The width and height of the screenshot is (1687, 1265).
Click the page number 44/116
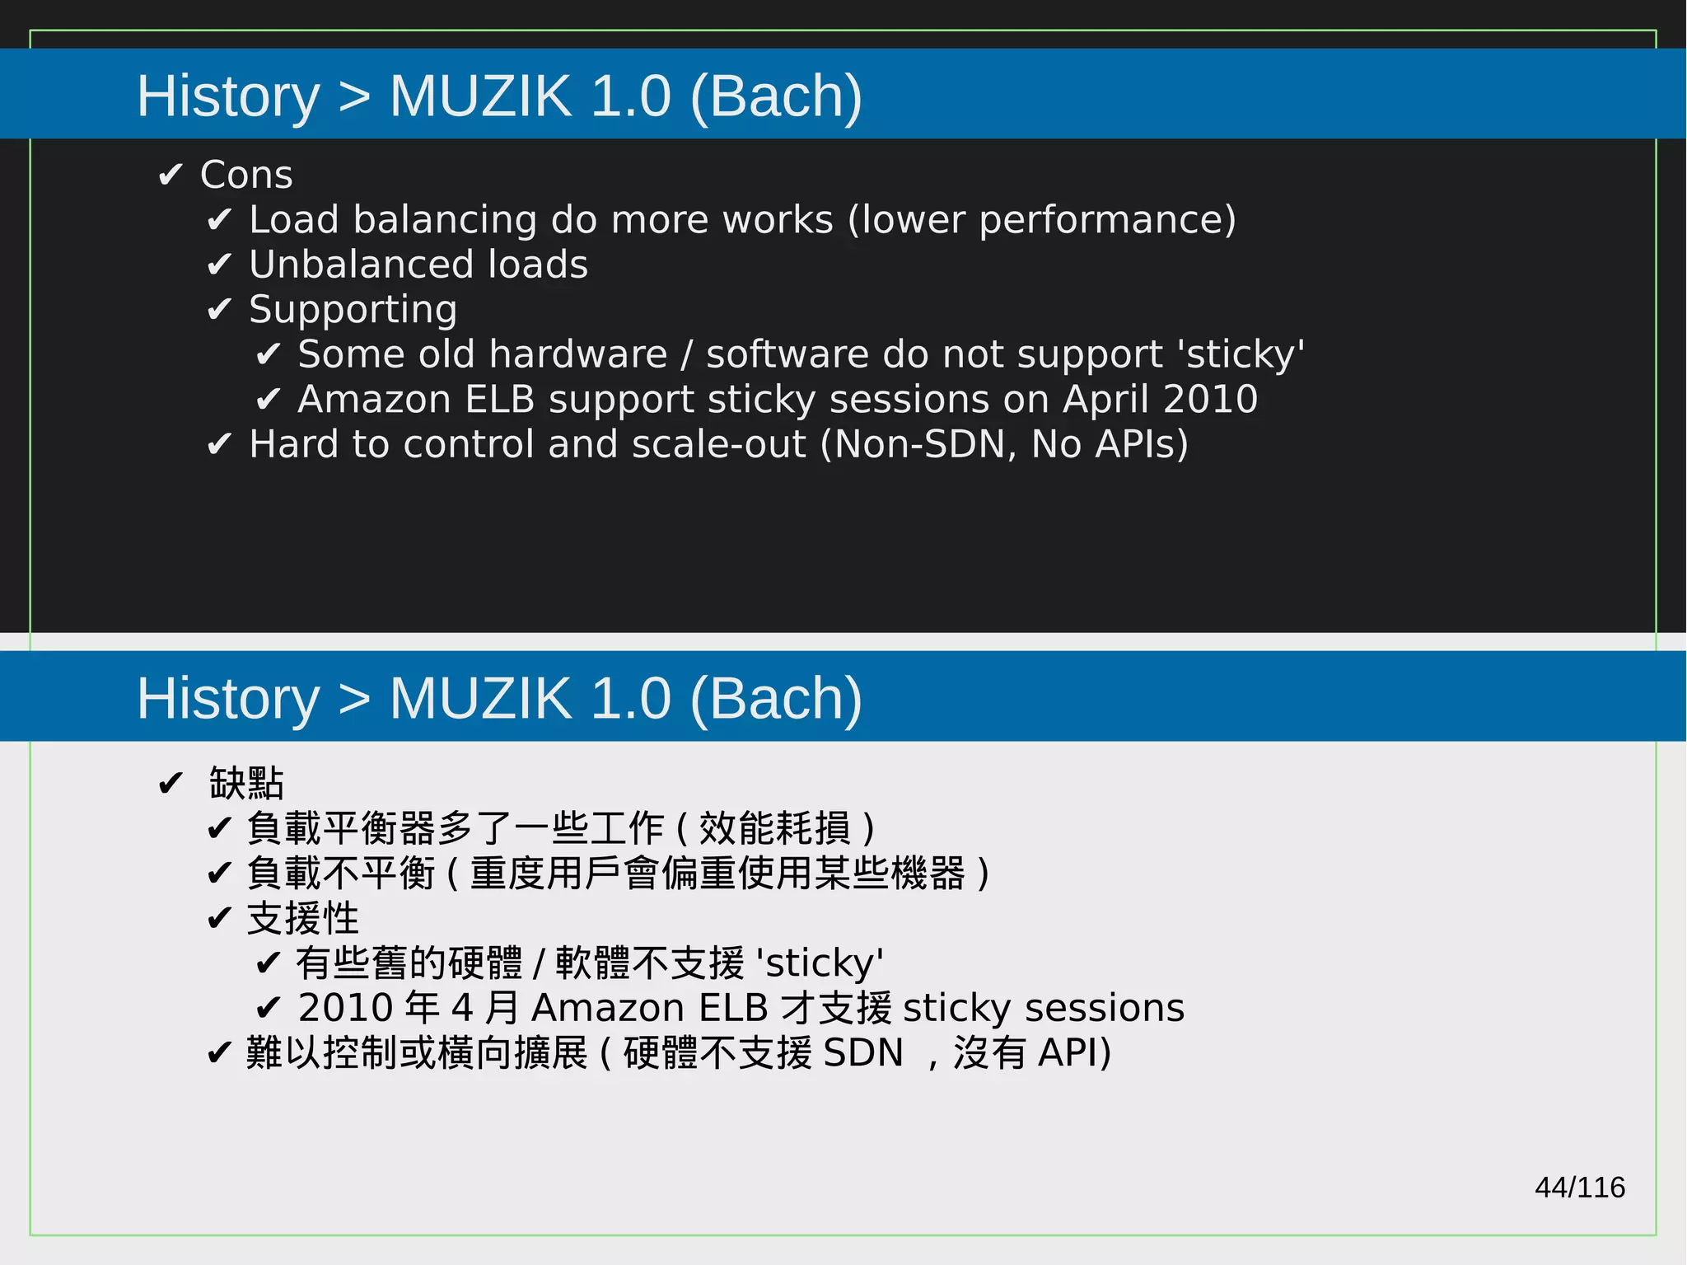click(1579, 1188)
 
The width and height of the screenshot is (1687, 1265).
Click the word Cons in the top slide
click(246, 175)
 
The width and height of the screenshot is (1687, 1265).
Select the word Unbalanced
click(359, 265)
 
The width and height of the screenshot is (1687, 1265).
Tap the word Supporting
click(353, 310)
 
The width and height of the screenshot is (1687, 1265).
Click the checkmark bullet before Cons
click(171, 175)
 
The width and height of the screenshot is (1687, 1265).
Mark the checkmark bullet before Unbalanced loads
click(219, 265)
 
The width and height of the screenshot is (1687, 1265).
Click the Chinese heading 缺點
click(246, 783)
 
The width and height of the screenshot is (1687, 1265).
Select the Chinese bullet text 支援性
click(302, 918)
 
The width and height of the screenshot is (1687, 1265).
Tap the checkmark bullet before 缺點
click(171, 783)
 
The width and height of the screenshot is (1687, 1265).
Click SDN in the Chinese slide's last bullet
click(862, 1052)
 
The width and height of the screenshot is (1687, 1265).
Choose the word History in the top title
click(228, 96)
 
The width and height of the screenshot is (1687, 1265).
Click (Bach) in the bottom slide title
click(776, 699)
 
